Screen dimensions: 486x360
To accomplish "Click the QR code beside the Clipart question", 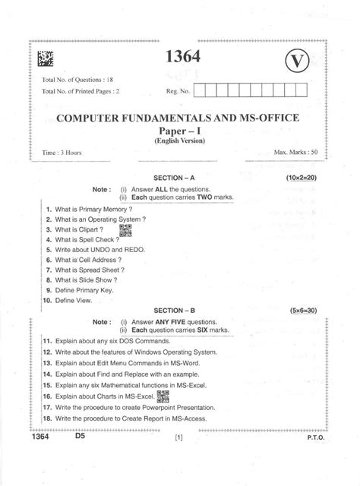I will point(126,229).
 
